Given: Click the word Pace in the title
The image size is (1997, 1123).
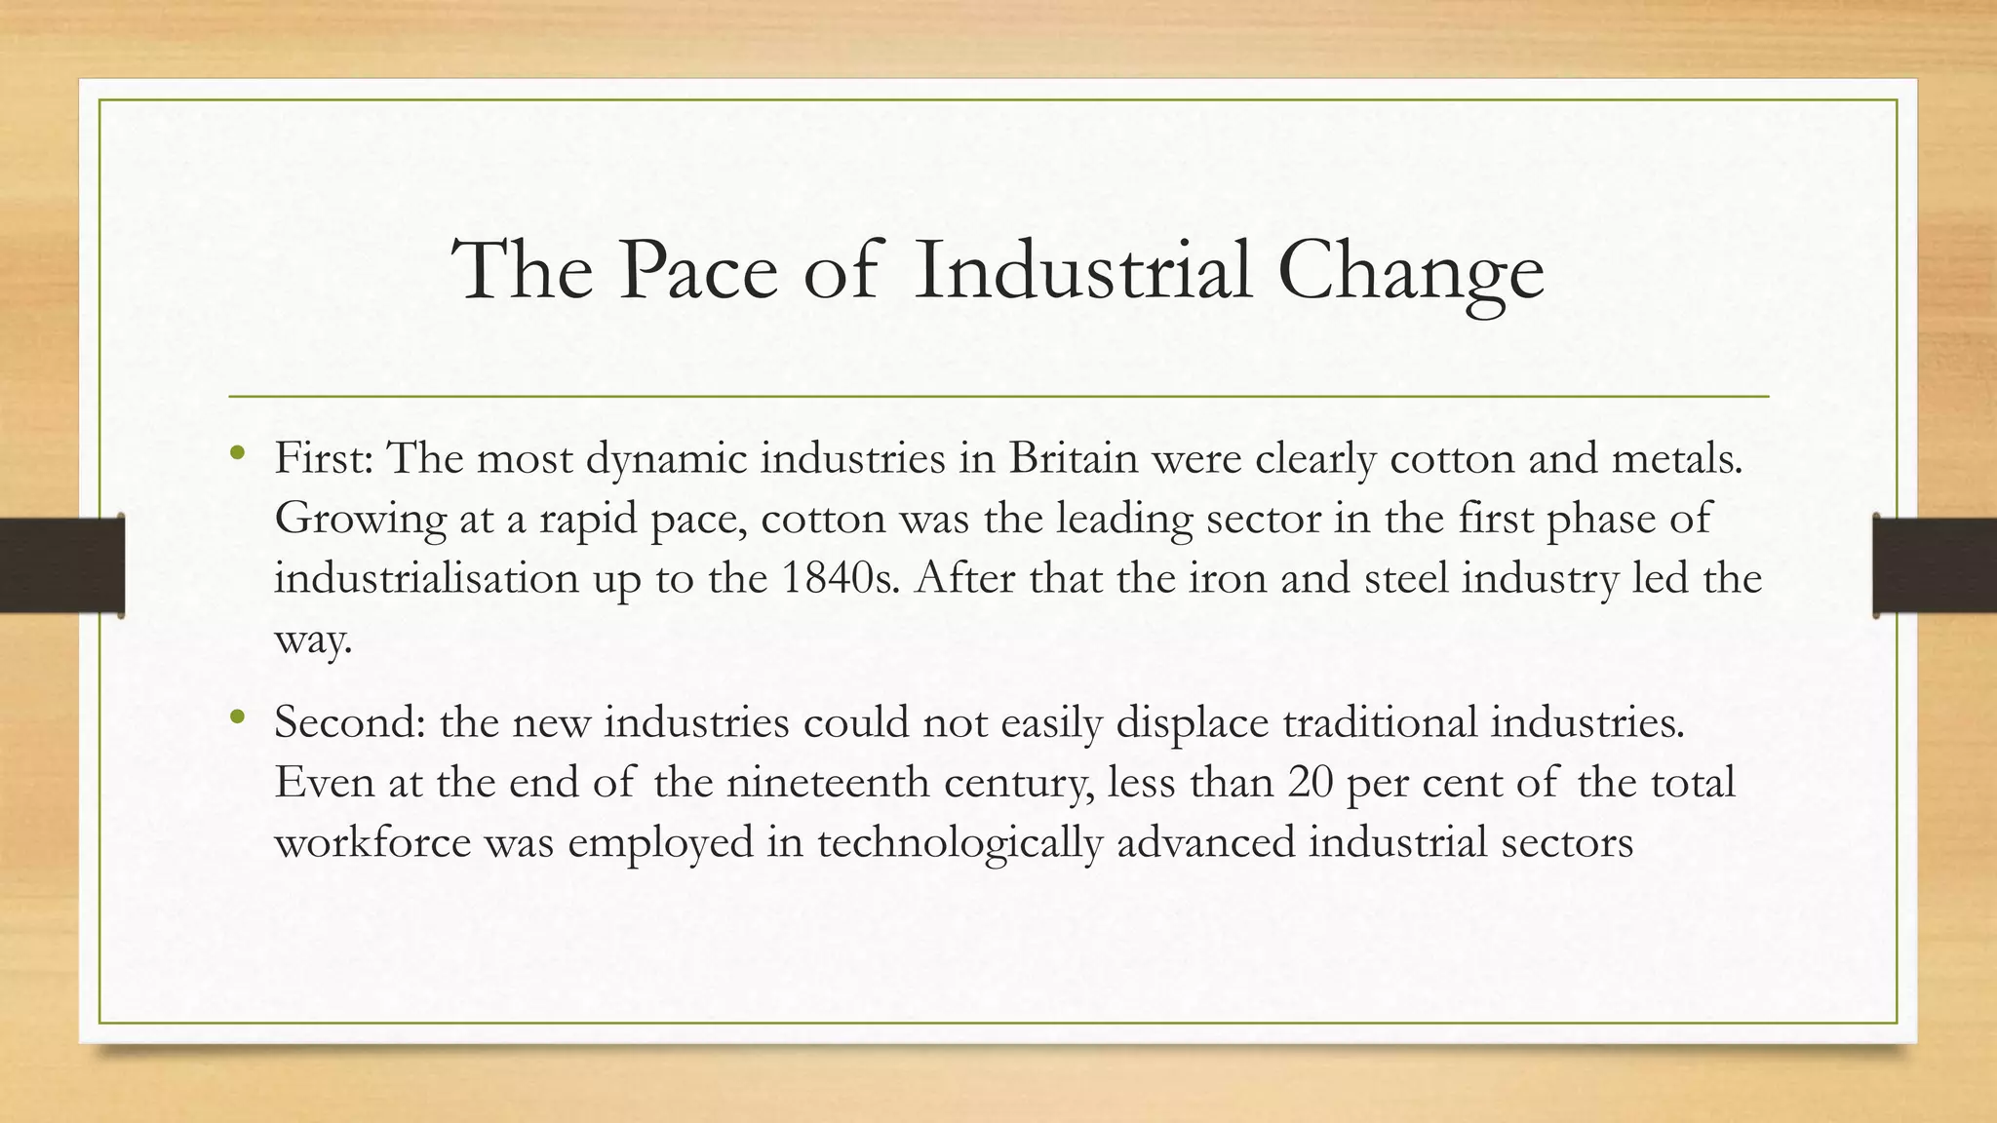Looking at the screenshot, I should [x=697, y=270].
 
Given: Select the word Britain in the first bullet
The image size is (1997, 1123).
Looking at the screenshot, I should [x=1073, y=458].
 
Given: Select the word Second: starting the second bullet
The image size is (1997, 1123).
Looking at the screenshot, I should [x=349, y=722].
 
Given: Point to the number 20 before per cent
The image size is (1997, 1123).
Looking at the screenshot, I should [x=1310, y=783].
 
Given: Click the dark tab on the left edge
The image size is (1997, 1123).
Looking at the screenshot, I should [x=61, y=565].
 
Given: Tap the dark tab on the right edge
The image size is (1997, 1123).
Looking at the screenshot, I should [x=1935, y=565].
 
